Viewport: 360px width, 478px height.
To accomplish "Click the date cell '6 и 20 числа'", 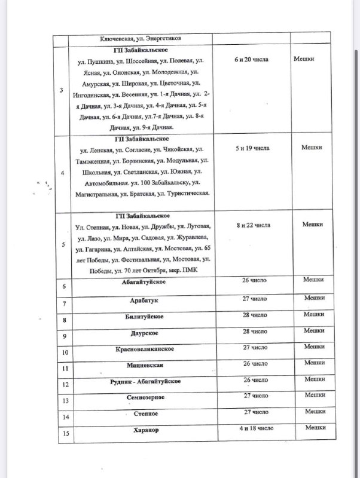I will [252, 60].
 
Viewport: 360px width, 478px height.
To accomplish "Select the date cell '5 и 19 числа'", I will [252, 148].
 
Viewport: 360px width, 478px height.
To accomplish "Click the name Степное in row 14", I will [142, 414].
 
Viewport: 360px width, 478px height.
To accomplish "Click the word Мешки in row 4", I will [312, 148].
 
